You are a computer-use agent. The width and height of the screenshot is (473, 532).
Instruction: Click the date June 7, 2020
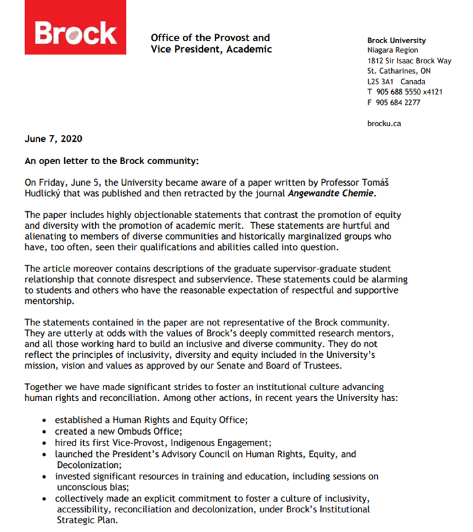[x=53, y=138]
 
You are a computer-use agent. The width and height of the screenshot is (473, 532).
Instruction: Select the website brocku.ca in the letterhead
[x=384, y=124]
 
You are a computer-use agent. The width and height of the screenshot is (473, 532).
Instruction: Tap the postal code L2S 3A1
[x=381, y=82]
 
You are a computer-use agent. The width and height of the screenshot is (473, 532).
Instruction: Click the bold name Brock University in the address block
[x=397, y=41]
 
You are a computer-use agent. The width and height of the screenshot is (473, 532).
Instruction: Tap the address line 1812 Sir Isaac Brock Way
[x=409, y=61]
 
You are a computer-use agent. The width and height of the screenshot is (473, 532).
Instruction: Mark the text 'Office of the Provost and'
[x=210, y=38]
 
